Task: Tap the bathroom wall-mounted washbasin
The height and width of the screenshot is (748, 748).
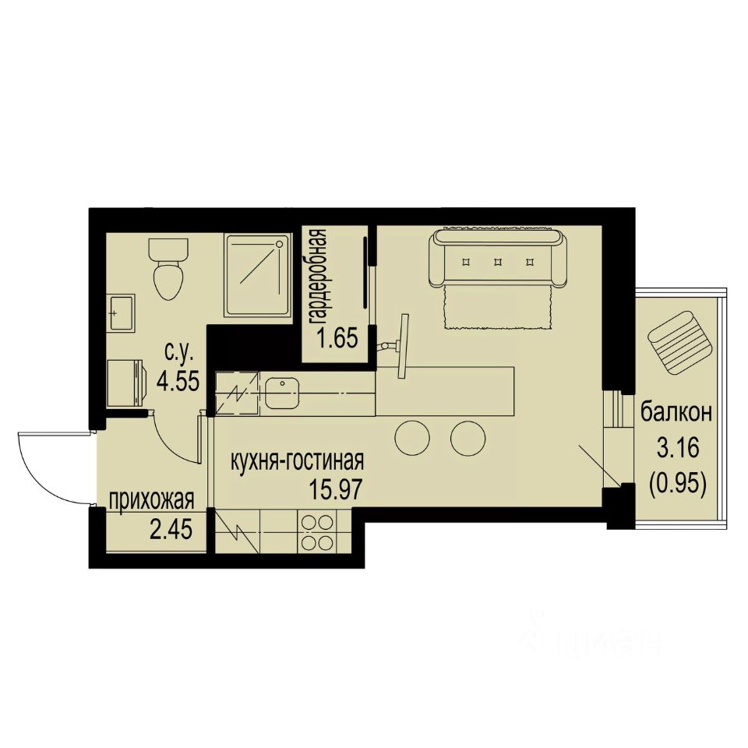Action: click(122, 314)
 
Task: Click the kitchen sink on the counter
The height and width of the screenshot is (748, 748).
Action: click(281, 390)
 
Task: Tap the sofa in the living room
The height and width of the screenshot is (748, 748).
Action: click(497, 258)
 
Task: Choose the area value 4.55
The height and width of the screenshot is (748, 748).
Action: click(178, 381)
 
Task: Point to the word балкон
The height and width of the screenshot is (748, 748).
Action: click(676, 413)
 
